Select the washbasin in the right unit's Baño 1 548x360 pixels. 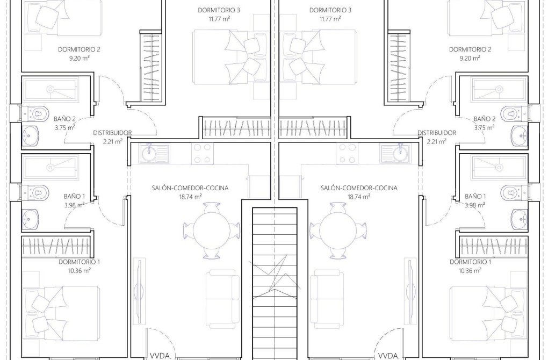coord(519,217)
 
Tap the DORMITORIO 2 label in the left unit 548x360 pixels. coord(79,49)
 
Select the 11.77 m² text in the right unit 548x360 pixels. coord(329,19)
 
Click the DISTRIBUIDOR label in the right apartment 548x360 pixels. coord(437,133)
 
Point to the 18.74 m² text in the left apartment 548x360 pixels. coord(191,197)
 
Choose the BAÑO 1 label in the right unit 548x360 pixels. coord(475,196)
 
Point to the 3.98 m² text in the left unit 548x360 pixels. coord(74,205)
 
